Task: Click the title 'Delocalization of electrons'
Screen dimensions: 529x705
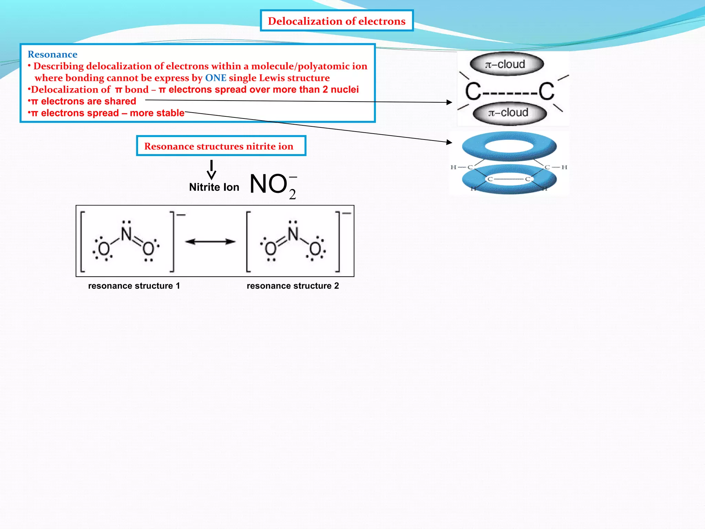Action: pyautogui.click(x=336, y=21)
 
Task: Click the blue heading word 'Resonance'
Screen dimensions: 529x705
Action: pyautogui.click(x=52, y=54)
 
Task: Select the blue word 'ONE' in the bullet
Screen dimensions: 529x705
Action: pyautogui.click(x=215, y=78)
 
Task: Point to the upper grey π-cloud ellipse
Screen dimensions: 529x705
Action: pyautogui.click(x=506, y=64)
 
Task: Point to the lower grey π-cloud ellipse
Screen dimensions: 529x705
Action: pyautogui.click(x=509, y=113)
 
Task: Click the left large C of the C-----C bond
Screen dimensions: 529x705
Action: pyautogui.click(x=473, y=92)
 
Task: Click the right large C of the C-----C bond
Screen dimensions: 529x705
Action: pyautogui.click(x=547, y=92)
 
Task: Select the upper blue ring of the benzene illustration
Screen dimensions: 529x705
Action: pyautogui.click(x=509, y=146)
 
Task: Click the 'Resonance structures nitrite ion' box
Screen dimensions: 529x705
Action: pyautogui.click(x=221, y=146)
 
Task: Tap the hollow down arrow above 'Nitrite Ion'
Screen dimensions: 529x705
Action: pyautogui.click(x=211, y=170)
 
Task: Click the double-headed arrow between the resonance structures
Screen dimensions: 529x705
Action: pyautogui.click(x=210, y=242)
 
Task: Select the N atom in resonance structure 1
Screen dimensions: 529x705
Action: pyautogui.click(x=126, y=234)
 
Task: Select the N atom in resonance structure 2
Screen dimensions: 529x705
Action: pyautogui.click(x=293, y=234)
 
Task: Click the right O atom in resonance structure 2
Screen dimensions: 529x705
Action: pyautogui.click(x=315, y=249)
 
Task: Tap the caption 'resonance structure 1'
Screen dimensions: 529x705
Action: pyautogui.click(x=134, y=286)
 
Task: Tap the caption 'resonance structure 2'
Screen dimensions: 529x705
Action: pyautogui.click(x=293, y=286)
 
